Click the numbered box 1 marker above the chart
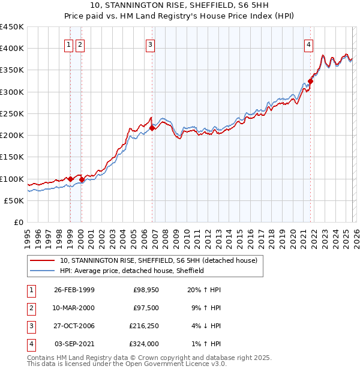pos(69,44)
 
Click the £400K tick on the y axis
pos(12,49)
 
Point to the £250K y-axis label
pos(12,113)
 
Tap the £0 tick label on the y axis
pos(18,223)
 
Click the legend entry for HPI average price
pos(132,271)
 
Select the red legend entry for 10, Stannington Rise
pos(158,260)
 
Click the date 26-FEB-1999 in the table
pos(74,290)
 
